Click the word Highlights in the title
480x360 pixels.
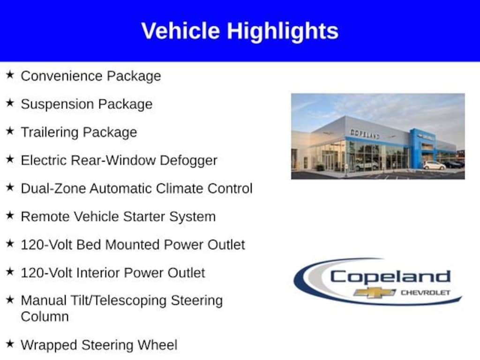pos(283,32)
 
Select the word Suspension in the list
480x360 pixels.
pos(57,104)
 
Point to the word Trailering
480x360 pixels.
pos(50,132)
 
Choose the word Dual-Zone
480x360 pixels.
pos(53,188)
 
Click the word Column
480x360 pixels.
pos(45,316)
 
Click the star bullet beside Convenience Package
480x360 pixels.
pos(10,75)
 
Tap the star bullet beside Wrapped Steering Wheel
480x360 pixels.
pos(10,344)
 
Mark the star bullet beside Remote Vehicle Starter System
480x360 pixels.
pos(10,215)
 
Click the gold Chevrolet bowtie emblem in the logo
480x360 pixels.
pos(375,292)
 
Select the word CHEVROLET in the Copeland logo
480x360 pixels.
pos(426,292)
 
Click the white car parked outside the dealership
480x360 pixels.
pos(435,165)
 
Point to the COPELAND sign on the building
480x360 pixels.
pos(365,134)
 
